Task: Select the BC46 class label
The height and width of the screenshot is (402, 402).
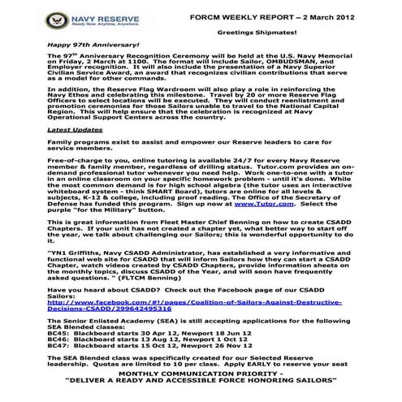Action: [58, 343]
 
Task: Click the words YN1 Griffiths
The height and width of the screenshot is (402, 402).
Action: [76, 252]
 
